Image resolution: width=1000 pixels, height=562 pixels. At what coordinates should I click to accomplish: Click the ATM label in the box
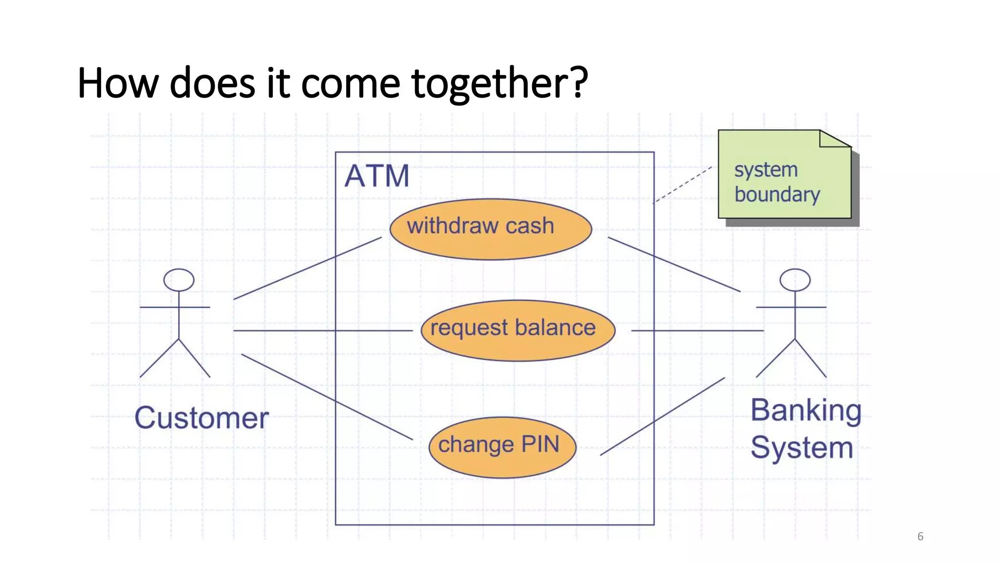pyautogui.click(x=376, y=176)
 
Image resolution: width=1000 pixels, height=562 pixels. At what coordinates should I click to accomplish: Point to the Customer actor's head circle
pyautogui.click(x=179, y=280)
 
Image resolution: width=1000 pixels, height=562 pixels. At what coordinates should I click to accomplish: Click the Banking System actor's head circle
pyautogui.click(x=794, y=280)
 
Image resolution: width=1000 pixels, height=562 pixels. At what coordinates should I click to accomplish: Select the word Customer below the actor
pyautogui.click(x=201, y=418)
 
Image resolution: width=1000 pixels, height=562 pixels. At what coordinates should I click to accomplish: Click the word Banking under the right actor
pyautogui.click(x=806, y=411)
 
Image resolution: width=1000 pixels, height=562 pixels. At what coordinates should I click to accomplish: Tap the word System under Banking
pyautogui.click(x=802, y=448)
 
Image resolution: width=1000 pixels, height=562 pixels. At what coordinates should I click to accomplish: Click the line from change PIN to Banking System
pyautogui.click(x=662, y=416)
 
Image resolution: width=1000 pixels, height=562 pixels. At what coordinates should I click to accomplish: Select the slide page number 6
pyautogui.click(x=920, y=536)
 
